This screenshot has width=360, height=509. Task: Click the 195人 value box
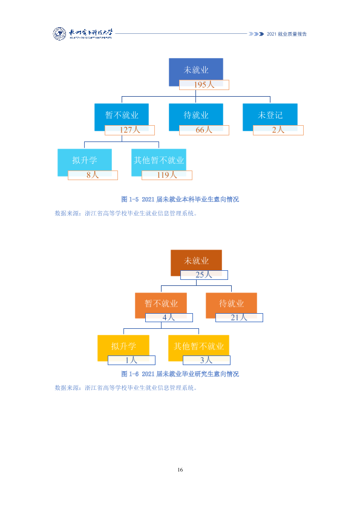pos(204,85)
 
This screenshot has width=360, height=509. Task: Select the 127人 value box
pos(129,130)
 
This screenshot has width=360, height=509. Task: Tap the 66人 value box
pos(204,130)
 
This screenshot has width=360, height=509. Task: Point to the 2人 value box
pos(278,130)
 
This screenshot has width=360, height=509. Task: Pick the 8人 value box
pos(93,175)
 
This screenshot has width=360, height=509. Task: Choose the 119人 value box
pos(167,175)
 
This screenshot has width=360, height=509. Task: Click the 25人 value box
pos(204,275)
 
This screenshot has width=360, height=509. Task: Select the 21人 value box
pos(239,317)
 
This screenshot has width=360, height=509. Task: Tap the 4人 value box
pos(169,317)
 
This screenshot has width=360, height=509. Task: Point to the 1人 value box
pos(131,360)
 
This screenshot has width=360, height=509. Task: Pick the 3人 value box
pos(207,360)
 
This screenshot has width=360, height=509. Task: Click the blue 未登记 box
pos(270,117)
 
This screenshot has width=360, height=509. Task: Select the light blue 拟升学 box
pos(85,162)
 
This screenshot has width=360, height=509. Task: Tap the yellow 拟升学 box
pos(123,348)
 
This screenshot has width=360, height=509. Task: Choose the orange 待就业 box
pos(231,305)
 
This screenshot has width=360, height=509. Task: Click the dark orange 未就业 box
pos(196,263)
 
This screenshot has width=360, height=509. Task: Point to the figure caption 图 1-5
pos(180,199)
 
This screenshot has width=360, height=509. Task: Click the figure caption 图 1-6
pos(180,374)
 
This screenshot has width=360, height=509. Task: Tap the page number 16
pos(180,470)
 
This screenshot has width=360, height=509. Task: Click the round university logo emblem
pos(59,34)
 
